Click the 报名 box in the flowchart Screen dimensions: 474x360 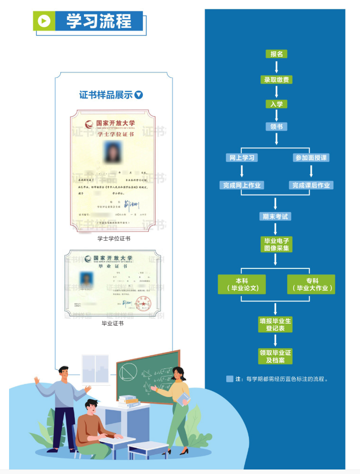[x=276, y=54]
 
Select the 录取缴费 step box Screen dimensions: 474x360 [x=276, y=79]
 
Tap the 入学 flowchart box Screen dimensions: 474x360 [x=276, y=104]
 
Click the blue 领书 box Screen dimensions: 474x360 [x=276, y=127]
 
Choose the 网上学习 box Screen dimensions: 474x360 [x=242, y=157]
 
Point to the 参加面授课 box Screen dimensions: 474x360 [x=311, y=157]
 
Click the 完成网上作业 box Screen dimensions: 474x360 [x=242, y=185]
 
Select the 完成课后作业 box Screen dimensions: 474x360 [x=311, y=185]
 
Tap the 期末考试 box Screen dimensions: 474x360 [x=276, y=216]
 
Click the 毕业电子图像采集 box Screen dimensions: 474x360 [x=276, y=244]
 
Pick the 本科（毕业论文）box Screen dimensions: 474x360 [x=241, y=285]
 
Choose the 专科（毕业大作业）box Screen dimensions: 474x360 [x=311, y=285]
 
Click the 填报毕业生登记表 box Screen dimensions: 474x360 [x=276, y=324]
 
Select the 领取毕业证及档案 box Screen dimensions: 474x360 [x=276, y=356]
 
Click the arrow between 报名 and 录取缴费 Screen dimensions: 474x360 [x=276, y=66]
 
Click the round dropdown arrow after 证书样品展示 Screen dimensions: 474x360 [x=139, y=95]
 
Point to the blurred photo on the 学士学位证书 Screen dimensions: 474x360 [x=112, y=151]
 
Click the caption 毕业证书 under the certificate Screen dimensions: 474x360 [x=113, y=323]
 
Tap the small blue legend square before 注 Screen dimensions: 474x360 [x=230, y=379]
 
